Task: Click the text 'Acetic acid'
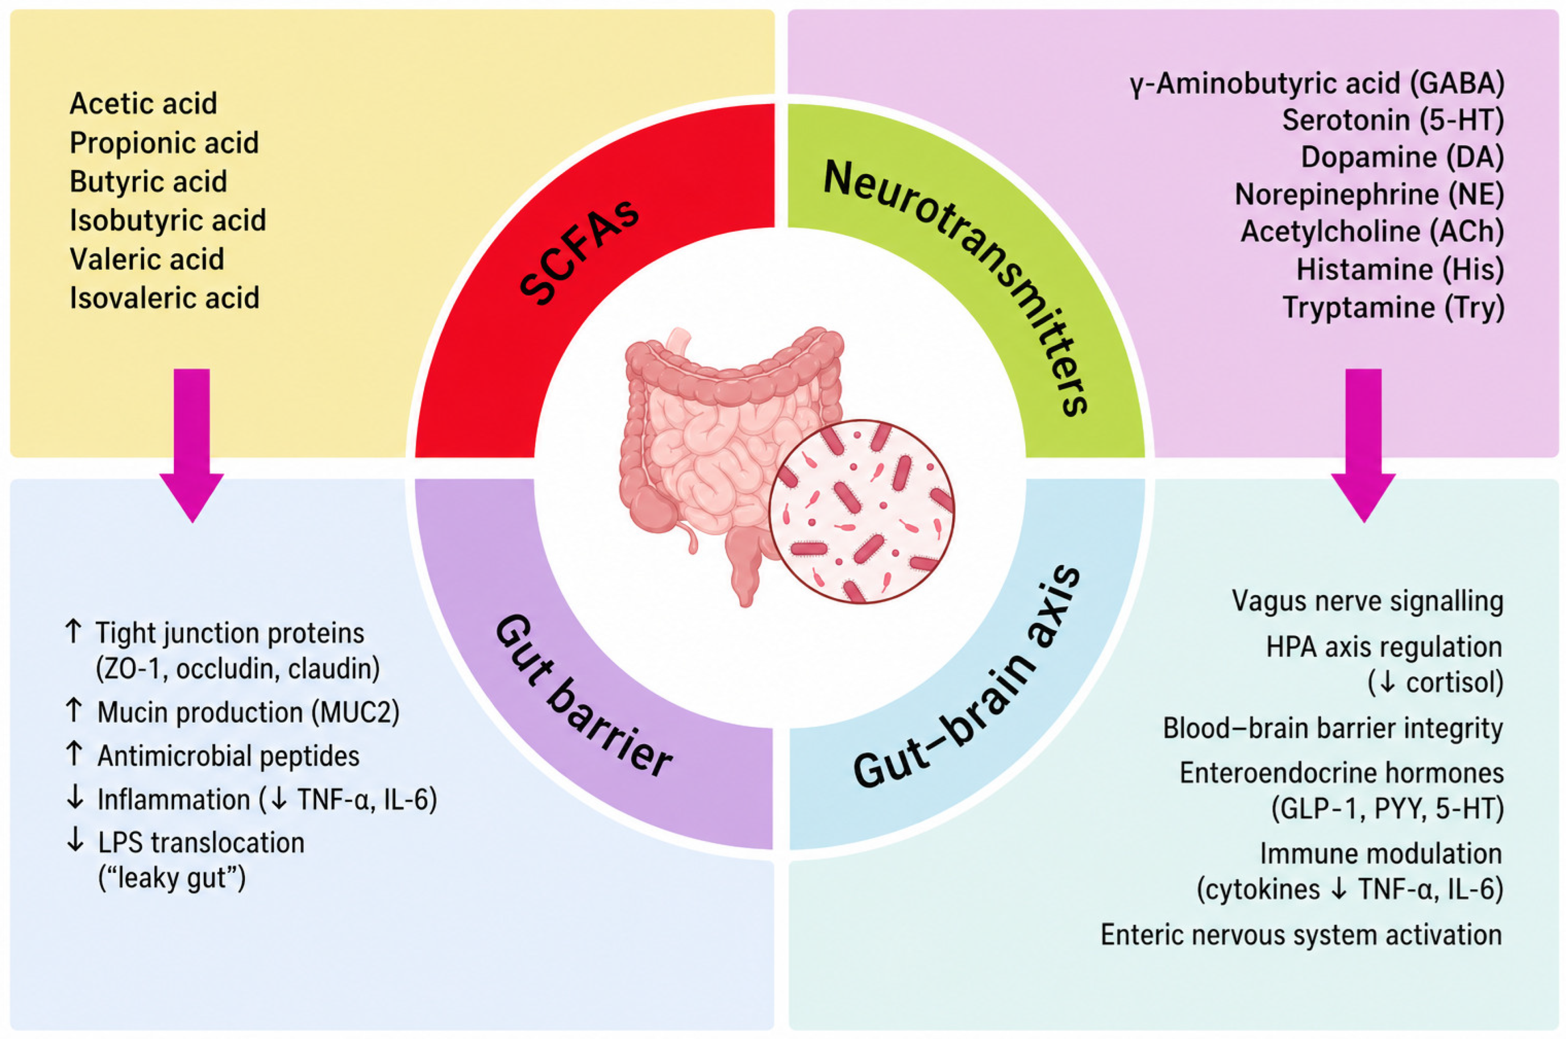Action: pyautogui.click(x=143, y=104)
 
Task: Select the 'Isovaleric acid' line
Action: pyautogui.click(x=164, y=298)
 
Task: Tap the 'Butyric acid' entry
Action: pyautogui.click(x=149, y=182)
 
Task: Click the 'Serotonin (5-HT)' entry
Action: pyautogui.click(x=1393, y=120)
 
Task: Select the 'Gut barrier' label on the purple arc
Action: pyautogui.click(x=583, y=696)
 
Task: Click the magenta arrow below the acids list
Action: pyautogui.click(x=191, y=445)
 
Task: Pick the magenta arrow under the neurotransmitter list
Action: pyautogui.click(x=1363, y=445)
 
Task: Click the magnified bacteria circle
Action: pyautogui.click(x=861, y=512)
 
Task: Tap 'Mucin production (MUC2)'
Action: pyautogui.click(x=249, y=712)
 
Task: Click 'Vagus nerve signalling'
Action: pyautogui.click(x=1367, y=601)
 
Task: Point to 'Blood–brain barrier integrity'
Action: pyautogui.click(x=1333, y=728)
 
